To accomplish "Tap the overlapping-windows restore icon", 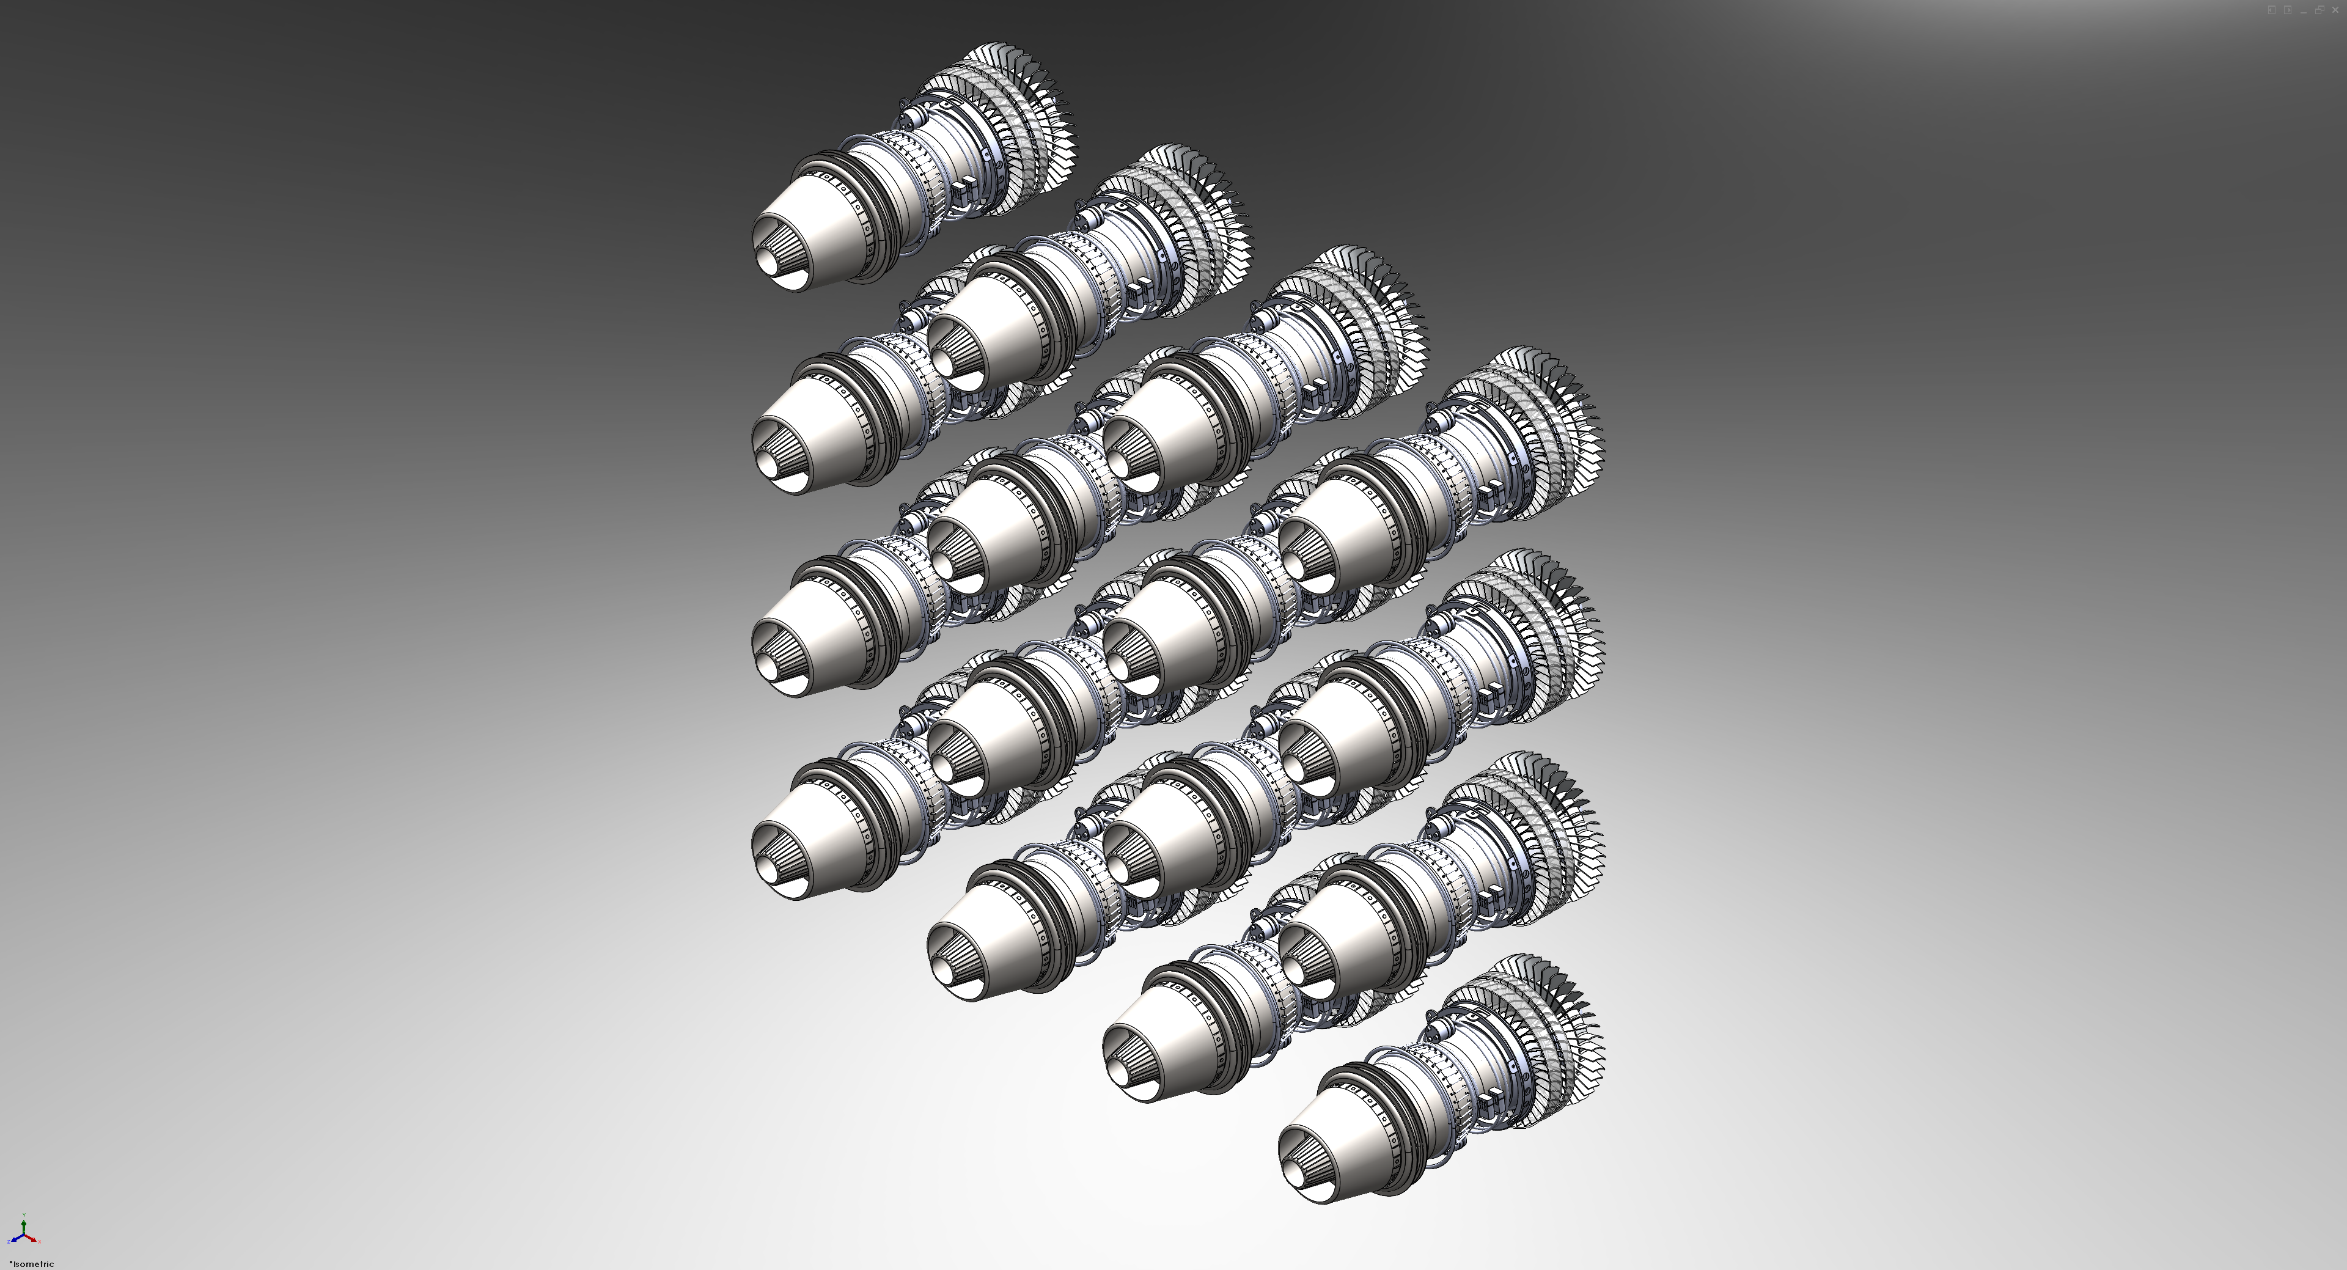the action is pyautogui.click(x=2319, y=10).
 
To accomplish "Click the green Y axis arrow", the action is pyautogui.click(x=24, y=1227).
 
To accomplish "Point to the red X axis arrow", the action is pyautogui.click(x=31, y=1239).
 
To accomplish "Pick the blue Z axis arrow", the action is pyautogui.click(x=17, y=1239).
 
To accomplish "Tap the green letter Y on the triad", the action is pyautogui.click(x=24, y=1216).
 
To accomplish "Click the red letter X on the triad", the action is pyautogui.click(x=39, y=1242).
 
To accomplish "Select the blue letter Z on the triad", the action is pyautogui.click(x=9, y=1242).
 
